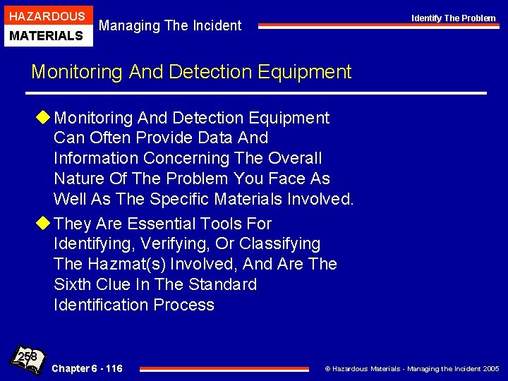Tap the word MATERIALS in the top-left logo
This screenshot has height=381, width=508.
pos(47,35)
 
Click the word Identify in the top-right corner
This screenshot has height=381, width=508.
pos(426,18)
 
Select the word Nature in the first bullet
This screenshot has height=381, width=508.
pos(78,179)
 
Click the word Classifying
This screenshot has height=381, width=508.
pos(279,244)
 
